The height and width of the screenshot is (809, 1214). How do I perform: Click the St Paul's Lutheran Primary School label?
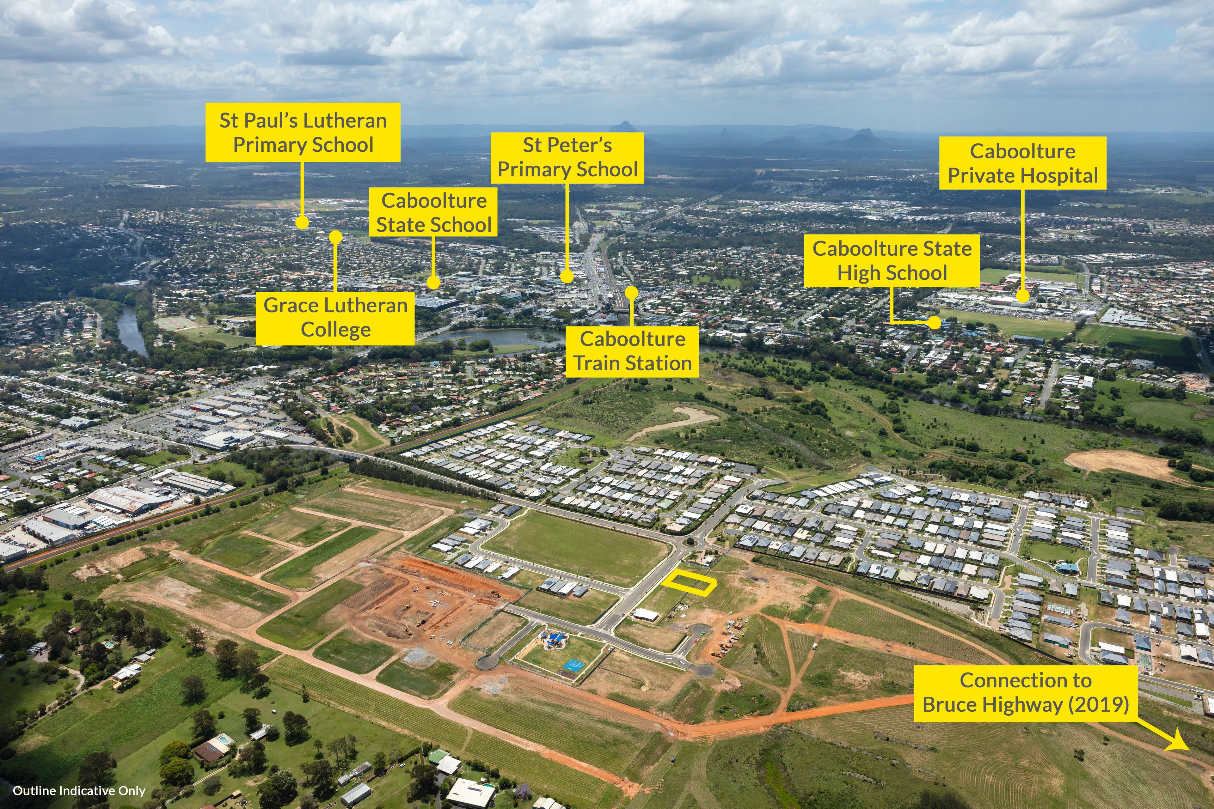tap(303, 133)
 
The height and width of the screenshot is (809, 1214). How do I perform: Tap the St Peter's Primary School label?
tap(567, 157)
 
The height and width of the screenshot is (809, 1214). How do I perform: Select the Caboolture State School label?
tap(433, 212)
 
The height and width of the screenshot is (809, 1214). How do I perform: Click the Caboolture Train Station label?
tap(632, 351)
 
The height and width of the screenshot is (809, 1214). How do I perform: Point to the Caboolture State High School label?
tap(892, 261)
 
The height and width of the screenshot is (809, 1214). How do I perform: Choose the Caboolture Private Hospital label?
tap(1022, 163)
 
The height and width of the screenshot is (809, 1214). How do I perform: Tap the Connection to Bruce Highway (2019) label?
tap(1026, 693)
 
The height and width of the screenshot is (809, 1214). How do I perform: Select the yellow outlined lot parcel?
tap(690, 584)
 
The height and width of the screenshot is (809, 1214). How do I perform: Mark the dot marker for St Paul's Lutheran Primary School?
tap(303, 222)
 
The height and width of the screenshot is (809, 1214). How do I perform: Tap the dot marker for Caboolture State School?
tap(433, 282)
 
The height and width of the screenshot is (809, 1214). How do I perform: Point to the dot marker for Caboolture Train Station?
tap(632, 293)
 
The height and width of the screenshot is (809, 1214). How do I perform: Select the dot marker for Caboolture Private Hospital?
tap(1022, 296)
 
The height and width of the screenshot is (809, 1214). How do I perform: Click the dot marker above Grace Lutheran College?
tap(335, 236)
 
